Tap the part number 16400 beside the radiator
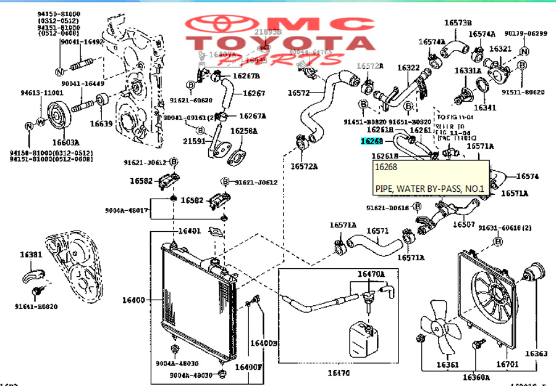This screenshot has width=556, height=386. tap(133, 300)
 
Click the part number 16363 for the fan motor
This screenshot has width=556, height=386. tap(536, 354)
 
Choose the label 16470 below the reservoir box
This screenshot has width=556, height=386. tap(339, 372)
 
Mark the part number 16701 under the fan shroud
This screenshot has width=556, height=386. tap(507, 364)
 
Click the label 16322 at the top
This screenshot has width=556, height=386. tap(408, 68)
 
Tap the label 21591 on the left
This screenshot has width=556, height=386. tap(195, 141)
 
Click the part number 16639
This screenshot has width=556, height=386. tap(101, 123)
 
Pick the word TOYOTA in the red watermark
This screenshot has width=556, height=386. tap(284, 43)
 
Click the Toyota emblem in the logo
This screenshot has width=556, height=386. tap(219, 26)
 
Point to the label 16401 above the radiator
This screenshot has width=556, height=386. tap(190, 231)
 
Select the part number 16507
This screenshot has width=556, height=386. tap(464, 225)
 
